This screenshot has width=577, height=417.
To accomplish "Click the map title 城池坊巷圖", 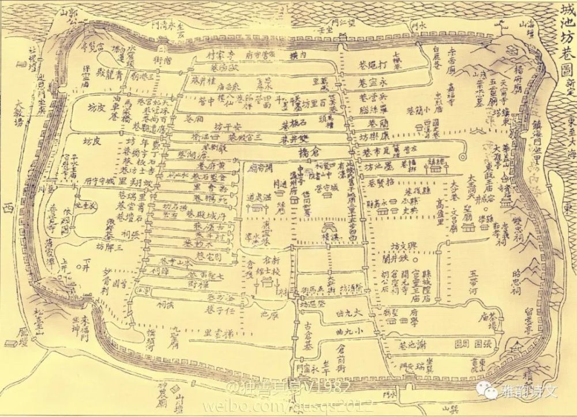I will click(x=565, y=41).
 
